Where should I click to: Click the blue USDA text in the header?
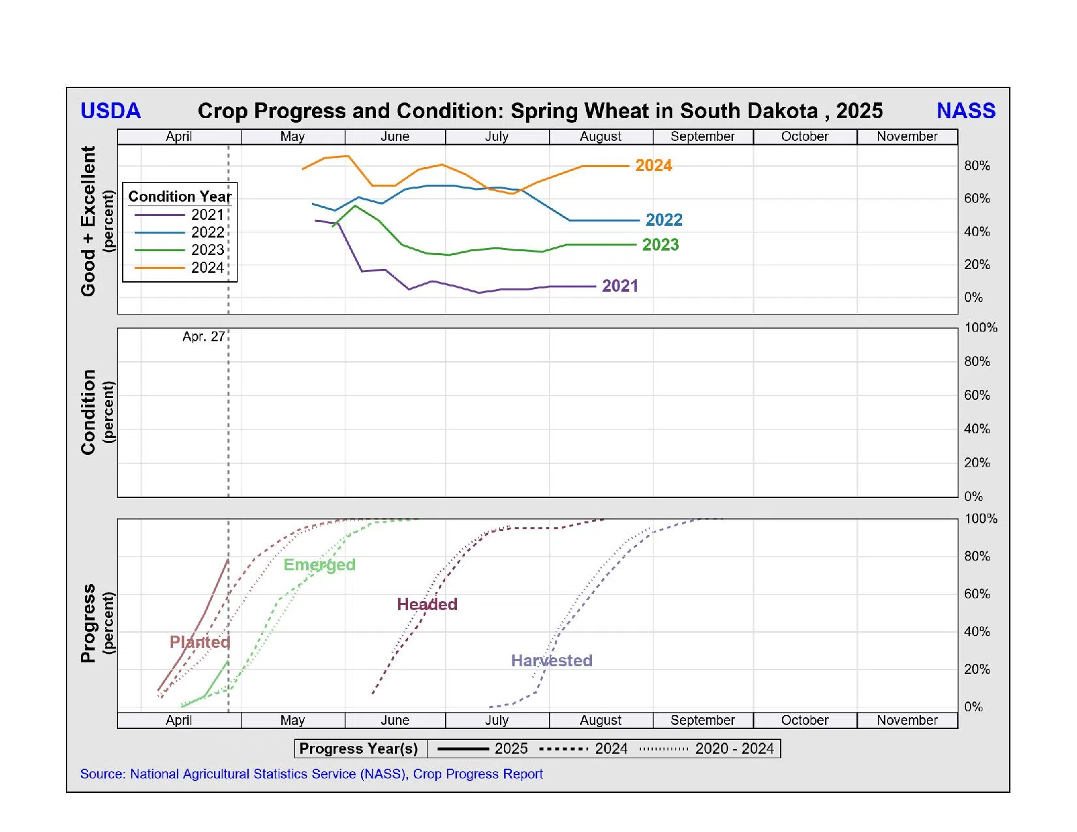click(110, 111)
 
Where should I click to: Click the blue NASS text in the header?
click(966, 111)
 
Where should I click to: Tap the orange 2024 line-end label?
click(653, 166)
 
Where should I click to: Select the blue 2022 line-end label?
click(664, 220)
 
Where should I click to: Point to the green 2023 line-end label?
click(661, 245)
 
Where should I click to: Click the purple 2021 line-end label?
click(620, 286)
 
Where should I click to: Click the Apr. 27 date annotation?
click(203, 337)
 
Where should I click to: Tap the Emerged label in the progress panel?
click(319, 565)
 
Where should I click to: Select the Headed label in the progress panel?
click(427, 604)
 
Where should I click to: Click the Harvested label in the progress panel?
click(552, 661)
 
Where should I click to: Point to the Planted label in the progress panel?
click(200, 642)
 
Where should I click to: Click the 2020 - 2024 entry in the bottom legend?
click(734, 748)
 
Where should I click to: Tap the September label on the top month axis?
click(702, 136)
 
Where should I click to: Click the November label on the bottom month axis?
click(907, 720)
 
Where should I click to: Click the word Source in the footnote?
click(102, 774)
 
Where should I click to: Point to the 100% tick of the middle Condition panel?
click(980, 328)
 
